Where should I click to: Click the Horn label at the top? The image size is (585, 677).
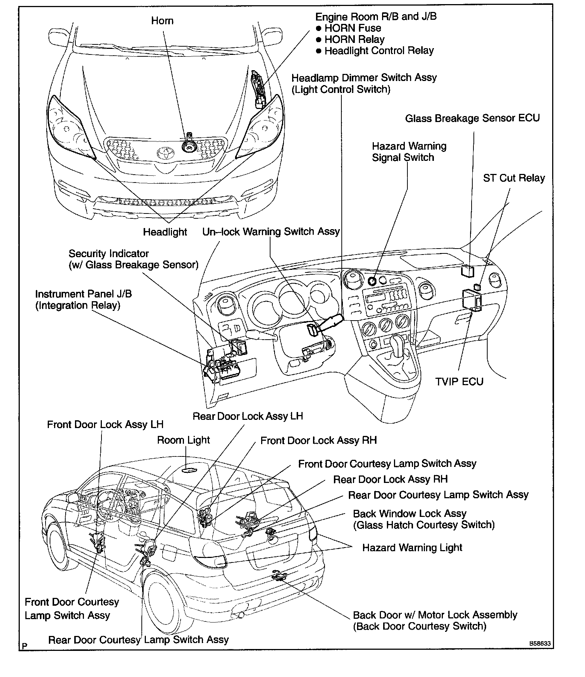coord(162,21)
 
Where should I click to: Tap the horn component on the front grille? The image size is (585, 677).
coord(188,146)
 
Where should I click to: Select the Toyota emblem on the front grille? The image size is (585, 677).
coord(163,153)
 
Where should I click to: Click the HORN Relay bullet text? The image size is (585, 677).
coord(354,40)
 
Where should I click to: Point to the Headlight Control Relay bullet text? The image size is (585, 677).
coord(379,51)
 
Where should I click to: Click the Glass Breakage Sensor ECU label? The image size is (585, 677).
coord(472,118)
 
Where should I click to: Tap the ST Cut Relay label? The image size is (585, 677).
coord(514,178)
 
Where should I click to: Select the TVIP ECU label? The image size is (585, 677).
coord(459,381)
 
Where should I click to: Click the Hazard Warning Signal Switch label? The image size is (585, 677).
coord(409,152)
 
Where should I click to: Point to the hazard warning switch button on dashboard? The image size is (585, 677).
coord(372,281)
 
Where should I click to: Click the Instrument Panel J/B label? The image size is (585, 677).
coord(84,299)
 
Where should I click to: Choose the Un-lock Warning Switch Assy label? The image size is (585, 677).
coord(271,231)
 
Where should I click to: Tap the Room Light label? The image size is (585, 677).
coord(184,440)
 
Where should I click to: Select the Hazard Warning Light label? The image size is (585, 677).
coord(412,547)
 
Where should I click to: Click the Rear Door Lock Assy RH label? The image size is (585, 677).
coord(390,479)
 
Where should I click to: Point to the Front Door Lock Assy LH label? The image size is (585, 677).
coord(105,424)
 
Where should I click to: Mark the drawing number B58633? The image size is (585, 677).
coord(539,644)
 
